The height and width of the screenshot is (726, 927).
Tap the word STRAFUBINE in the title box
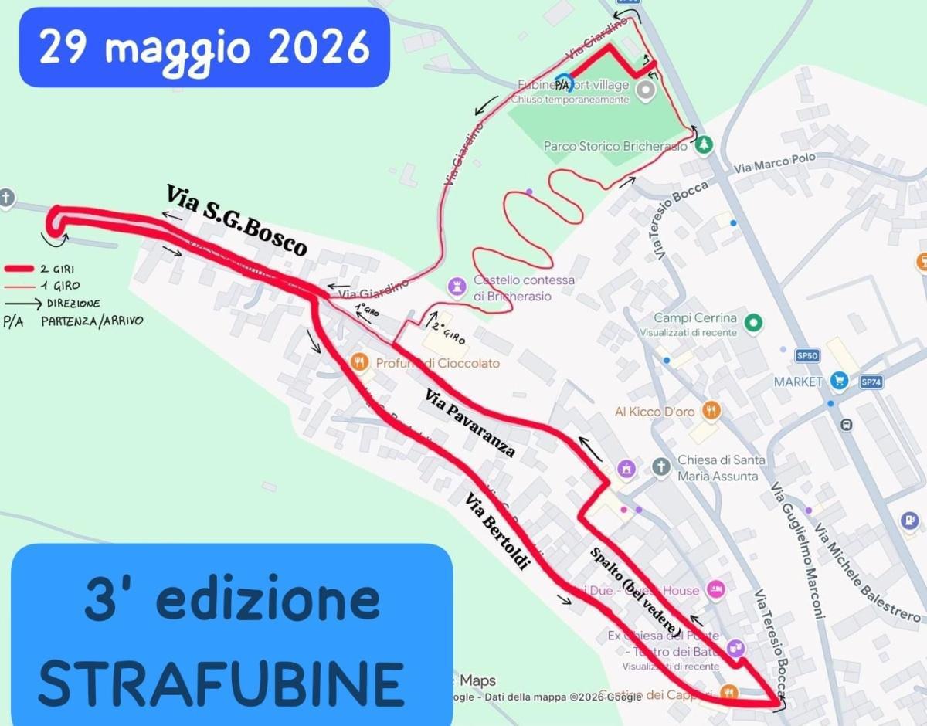pyautogui.click(x=221, y=683)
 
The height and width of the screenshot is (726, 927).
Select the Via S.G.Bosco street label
pyautogui.click(x=236, y=219)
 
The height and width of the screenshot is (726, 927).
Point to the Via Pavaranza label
pyautogui.click(x=470, y=422)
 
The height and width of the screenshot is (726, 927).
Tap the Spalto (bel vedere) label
pyautogui.click(x=636, y=592)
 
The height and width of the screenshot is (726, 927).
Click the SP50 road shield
pyautogui.click(x=806, y=355)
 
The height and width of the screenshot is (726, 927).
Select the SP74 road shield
pyautogui.click(x=871, y=382)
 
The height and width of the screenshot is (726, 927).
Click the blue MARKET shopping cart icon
pyautogui.click(x=838, y=381)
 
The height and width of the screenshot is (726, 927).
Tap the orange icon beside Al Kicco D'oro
pyautogui.click(x=711, y=411)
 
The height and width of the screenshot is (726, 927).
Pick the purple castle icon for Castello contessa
pyautogui.click(x=457, y=288)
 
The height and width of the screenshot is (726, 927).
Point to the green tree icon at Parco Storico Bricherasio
pyautogui.click(x=703, y=144)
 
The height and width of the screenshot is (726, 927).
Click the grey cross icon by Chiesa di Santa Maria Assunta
pyautogui.click(x=660, y=466)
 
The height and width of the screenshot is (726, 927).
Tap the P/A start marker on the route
pyautogui.click(x=562, y=83)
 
